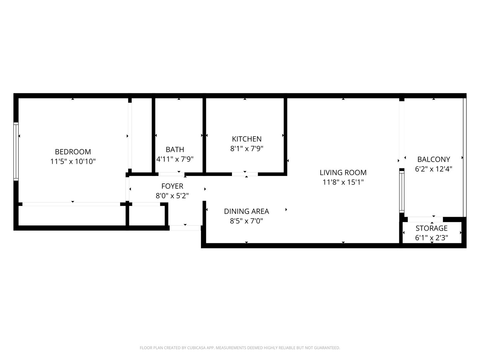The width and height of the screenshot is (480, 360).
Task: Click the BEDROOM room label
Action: click(x=73, y=152)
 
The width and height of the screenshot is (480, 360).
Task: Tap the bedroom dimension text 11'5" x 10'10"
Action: click(x=73, y=162)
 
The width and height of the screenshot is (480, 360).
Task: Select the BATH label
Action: click(x=175, y=150)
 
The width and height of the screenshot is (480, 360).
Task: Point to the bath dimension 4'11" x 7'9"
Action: click(x=175, y=159)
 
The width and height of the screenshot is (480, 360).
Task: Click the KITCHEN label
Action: click(x=247, y=139)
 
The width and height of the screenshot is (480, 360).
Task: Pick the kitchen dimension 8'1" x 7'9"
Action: click(x=247, y=149)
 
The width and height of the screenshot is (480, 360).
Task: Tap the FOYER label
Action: click(x=172, y=186)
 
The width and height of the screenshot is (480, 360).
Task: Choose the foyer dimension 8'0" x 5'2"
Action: click(x=172, y=196)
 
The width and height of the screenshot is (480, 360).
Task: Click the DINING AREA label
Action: click(x=246, y=211)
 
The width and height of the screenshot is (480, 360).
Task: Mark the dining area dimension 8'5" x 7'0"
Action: click(x=246, y=221)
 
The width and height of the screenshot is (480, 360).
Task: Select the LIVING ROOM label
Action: click(x=343, y=173)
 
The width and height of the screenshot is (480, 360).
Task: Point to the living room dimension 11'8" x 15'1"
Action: click(x=343, y=182)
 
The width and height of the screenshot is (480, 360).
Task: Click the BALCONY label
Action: click(x=434, y=160)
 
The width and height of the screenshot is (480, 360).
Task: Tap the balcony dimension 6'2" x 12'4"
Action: click(x=434, y=169)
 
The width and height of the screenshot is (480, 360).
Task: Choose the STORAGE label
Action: click(x=432, y=228)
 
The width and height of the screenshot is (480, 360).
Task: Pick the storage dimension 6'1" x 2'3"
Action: click(x=432, y=238)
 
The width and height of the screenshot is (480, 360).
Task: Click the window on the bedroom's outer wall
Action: click(x=16, y=151)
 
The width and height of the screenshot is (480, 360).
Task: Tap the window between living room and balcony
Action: click(x=402, y=192)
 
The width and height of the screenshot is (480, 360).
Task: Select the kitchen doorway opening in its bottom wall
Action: click(x=245, y=174)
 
